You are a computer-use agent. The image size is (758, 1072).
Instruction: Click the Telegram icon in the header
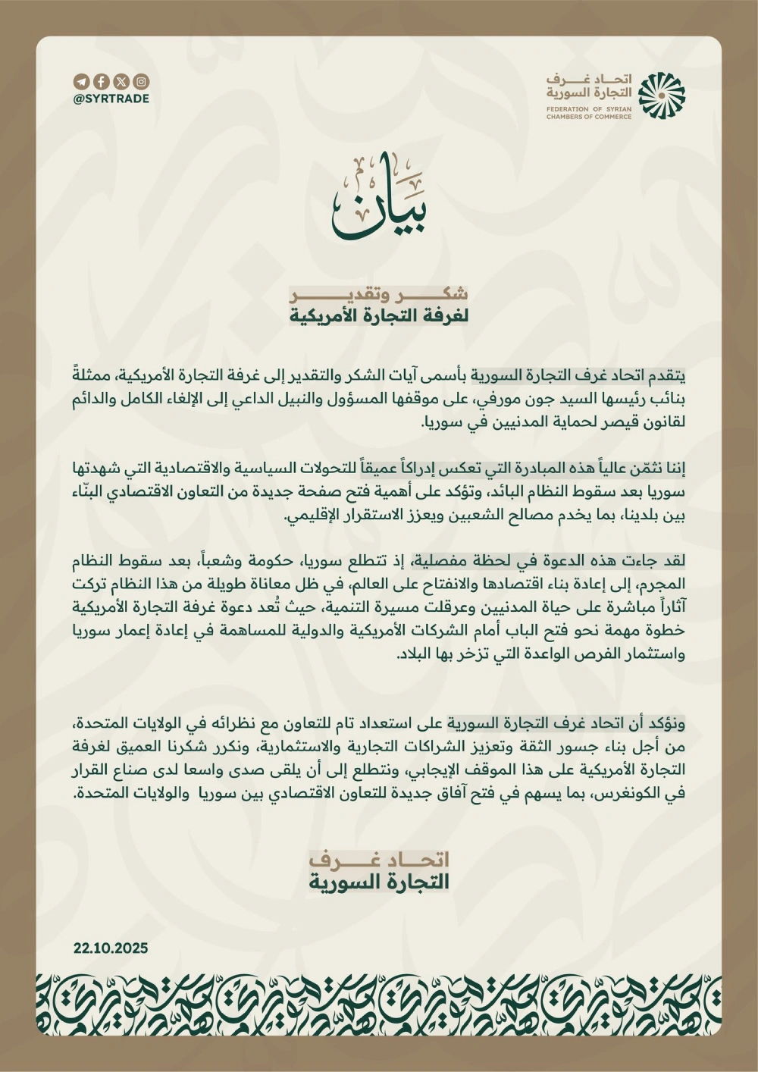click(81, 82)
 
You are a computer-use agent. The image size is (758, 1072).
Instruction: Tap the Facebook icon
click(101, 82)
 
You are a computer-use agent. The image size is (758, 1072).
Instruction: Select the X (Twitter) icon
click(121, 82)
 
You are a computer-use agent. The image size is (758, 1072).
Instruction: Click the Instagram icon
click(141, 82)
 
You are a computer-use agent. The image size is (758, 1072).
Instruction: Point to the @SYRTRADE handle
click(111, 99)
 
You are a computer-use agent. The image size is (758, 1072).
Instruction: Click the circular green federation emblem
click(661, 96)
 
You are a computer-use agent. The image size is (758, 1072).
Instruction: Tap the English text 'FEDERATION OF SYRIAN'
click(588, 110)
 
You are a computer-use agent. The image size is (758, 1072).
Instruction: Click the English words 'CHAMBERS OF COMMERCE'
click(588, 117)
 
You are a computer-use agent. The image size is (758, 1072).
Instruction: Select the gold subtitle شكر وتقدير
click(379, 294)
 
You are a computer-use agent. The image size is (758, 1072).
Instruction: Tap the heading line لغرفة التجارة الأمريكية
click(379, 316)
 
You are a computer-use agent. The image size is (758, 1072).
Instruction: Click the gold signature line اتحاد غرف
click(379, 859)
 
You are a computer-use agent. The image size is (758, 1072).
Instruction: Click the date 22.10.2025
click(111, 948)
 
